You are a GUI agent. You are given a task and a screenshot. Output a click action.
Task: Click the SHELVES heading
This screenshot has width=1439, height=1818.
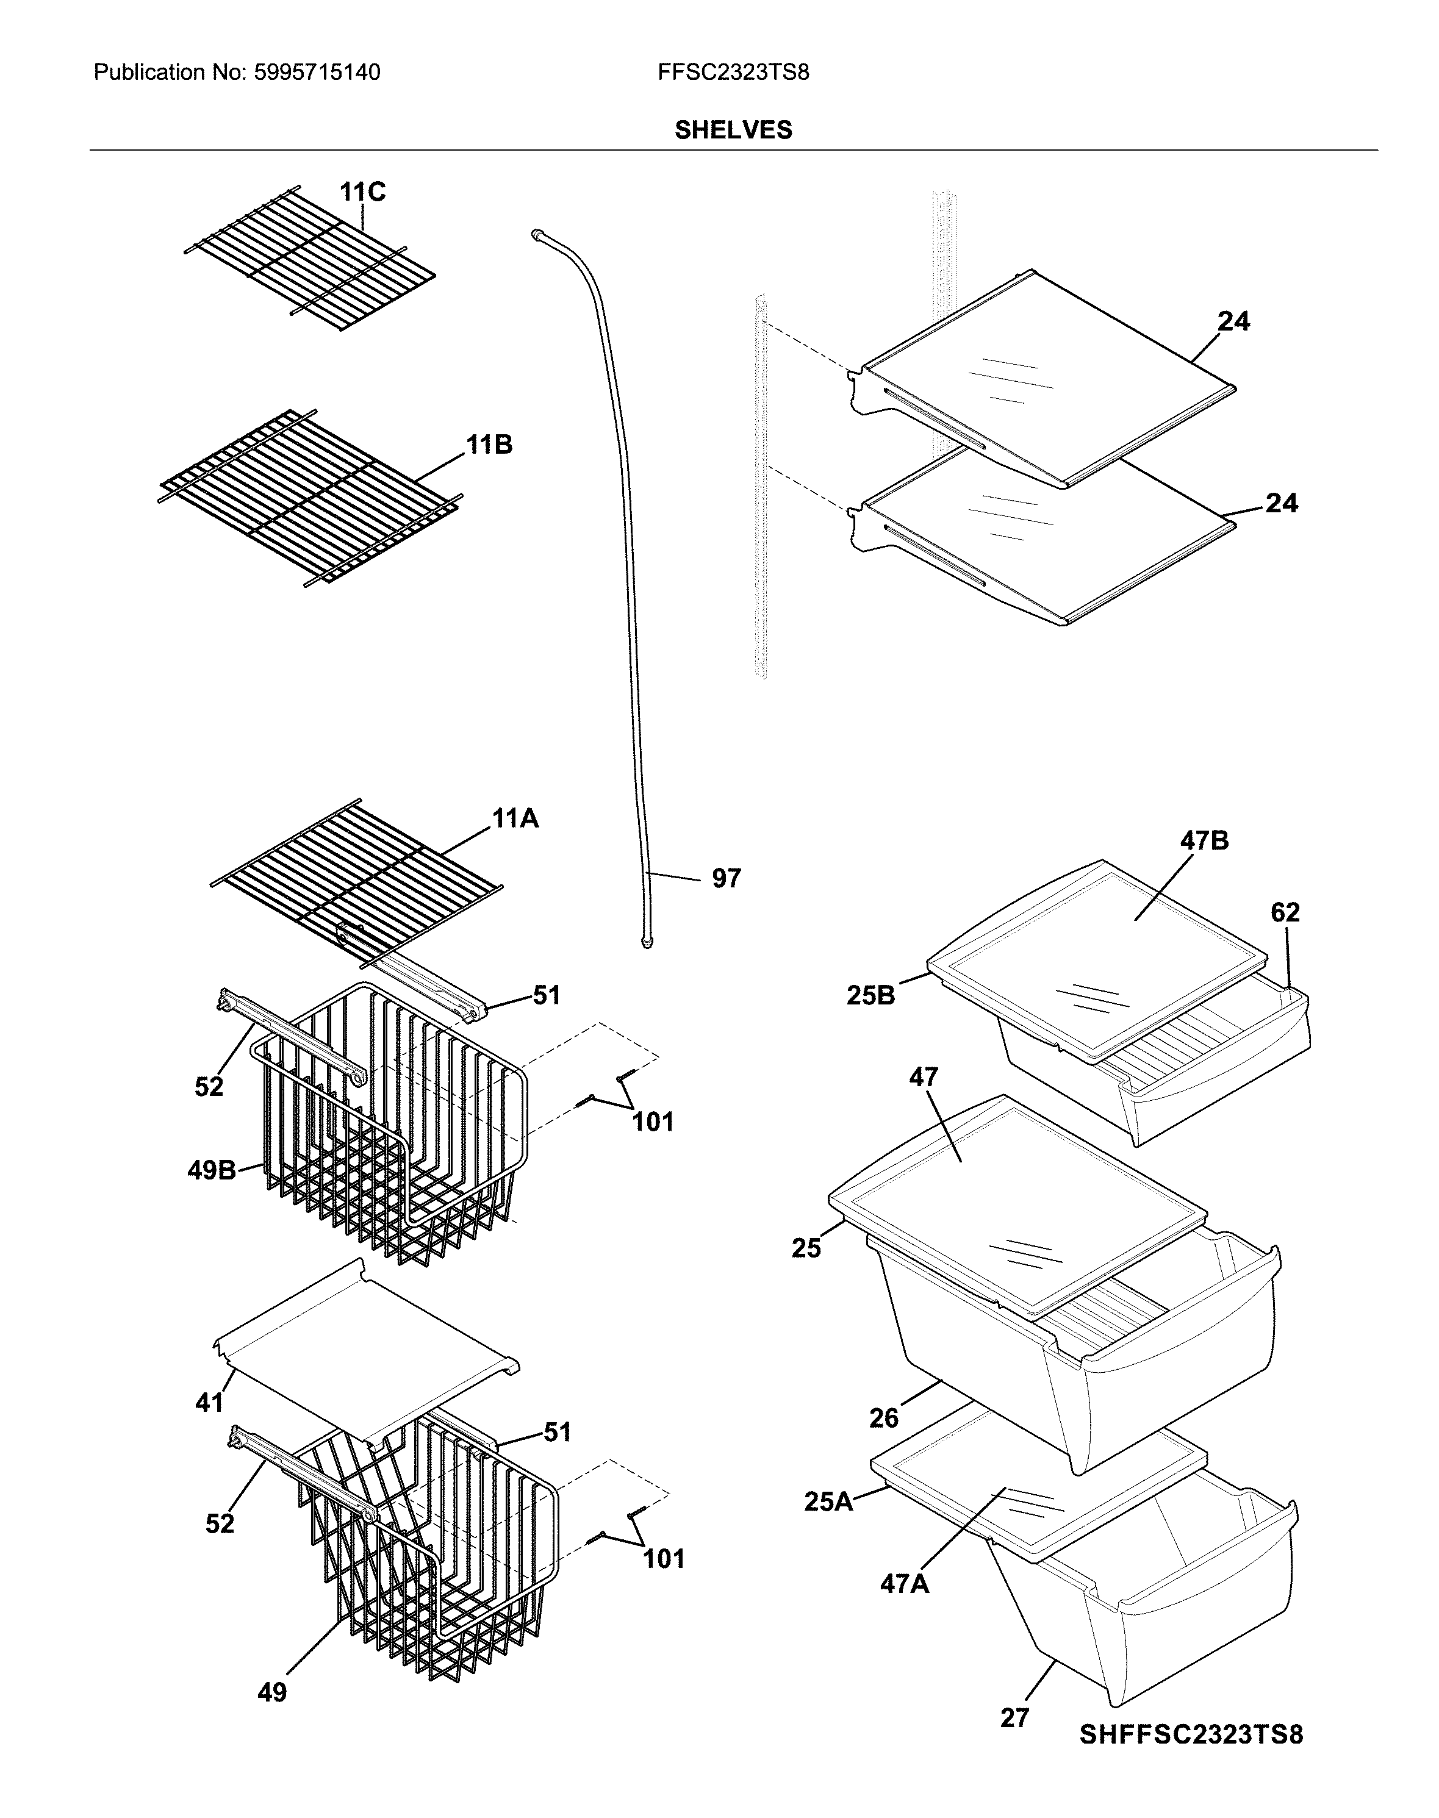pyautogui.click(x=733, y=130)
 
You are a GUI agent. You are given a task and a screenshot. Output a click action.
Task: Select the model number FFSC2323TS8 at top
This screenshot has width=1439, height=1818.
pyautogui.click(x=733, y=73)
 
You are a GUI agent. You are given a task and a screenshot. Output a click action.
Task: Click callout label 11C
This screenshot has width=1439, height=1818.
pyautogui.click(x=362, y=193)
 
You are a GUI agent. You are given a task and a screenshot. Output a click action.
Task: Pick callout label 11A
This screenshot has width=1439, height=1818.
pyautogui.click(x=515, y=818)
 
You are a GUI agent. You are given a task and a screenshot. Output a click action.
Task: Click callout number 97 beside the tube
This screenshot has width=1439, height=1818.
pyautogui.click(x=727, y=879)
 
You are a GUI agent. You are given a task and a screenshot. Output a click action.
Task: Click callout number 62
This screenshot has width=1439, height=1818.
pyautogui.click(x=1285, y=912)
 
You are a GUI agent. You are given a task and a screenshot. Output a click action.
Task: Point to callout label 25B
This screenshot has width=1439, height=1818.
pyautogui.click(x=870, y=996)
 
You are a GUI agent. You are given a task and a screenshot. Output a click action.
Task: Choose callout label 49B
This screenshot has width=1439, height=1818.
pyautogui.click(x=212, y=1170)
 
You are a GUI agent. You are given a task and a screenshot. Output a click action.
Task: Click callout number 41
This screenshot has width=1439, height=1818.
pyautogui.click(x=209, y=1403)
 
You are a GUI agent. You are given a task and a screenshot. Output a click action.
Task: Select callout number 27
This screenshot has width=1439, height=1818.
pyautogui.click(x=1014, y=1718)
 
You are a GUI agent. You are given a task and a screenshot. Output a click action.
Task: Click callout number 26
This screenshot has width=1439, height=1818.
pyautogui.click(x=884, y=1419)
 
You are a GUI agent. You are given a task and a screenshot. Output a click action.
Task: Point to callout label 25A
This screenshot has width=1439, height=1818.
pyautogui.click(x=828, y=1501)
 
